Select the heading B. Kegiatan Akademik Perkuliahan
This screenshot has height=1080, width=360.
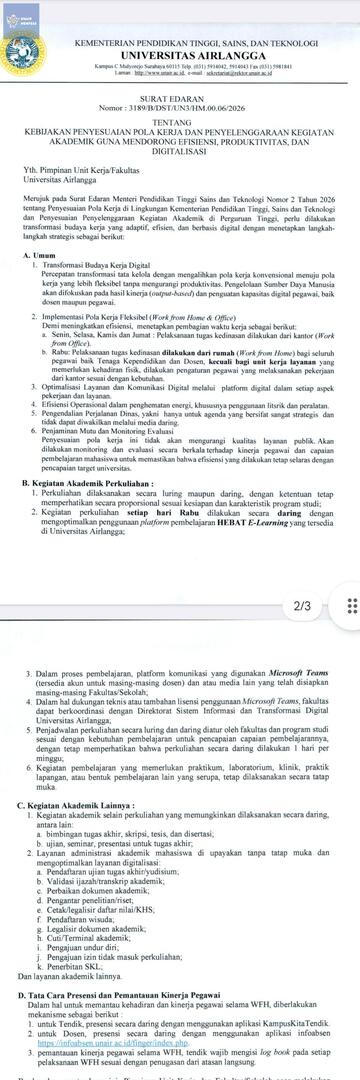(96, 483)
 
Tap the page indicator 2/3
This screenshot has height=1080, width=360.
(302, 577)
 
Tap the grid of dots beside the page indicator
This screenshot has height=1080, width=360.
(349, 578)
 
